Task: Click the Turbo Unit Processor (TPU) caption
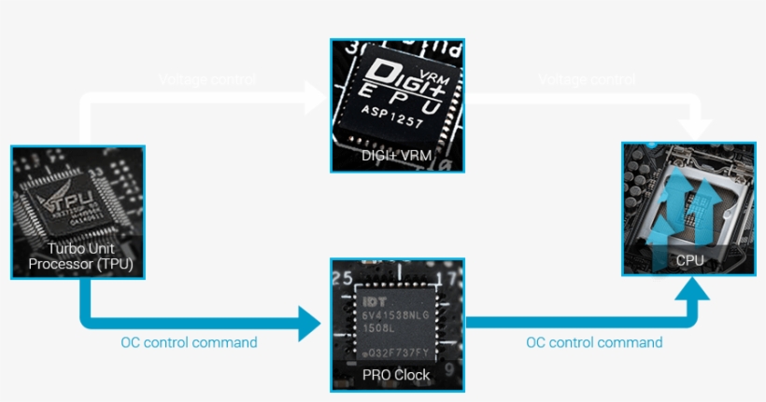click(78, 256)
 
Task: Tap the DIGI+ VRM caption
click(396, 156)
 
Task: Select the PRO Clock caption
click(396, 375)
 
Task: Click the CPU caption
click(689, 261)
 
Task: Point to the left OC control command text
click(189, 342)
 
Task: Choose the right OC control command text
click(594, 342)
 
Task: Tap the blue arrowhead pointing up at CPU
click(689, 291)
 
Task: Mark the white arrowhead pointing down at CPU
click(691, 126)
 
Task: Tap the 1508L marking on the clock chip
click(381, 329)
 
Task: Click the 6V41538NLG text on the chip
click(396, 316)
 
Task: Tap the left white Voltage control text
click(207, 80)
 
